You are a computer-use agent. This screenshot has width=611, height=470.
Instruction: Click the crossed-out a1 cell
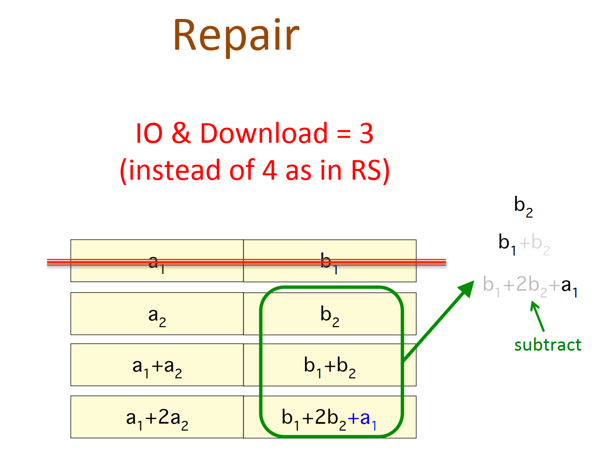coord(157,262)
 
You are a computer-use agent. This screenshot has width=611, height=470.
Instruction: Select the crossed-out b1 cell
coord(330,262)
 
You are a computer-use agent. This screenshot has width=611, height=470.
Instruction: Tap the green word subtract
coord(548,345)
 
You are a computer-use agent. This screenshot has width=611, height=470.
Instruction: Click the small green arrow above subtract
coord(538,315)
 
